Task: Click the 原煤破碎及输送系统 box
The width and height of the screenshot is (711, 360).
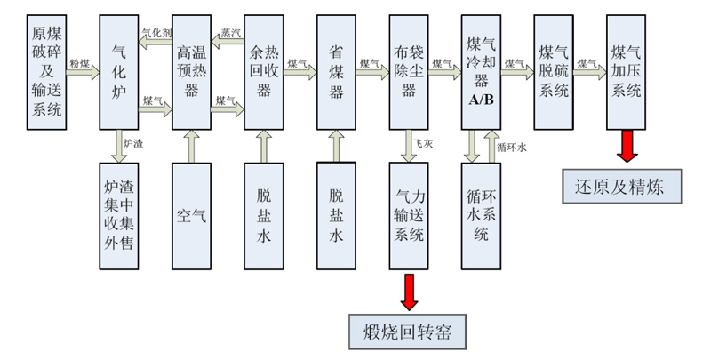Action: pos(46,71)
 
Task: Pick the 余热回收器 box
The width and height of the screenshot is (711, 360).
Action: pos(263,71)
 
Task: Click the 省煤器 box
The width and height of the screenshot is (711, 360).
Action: pos(336,71)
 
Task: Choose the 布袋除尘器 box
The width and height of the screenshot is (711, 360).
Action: pos(408,71)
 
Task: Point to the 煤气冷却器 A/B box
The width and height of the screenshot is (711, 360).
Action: pos(481,71)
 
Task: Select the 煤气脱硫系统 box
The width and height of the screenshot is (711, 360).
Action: pos(553,71)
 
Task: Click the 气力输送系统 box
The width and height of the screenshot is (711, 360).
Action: pos(408,214)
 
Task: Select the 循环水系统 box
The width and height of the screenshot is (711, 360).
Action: pos(481,214)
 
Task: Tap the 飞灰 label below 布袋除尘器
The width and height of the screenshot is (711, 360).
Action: pos(424,143)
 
